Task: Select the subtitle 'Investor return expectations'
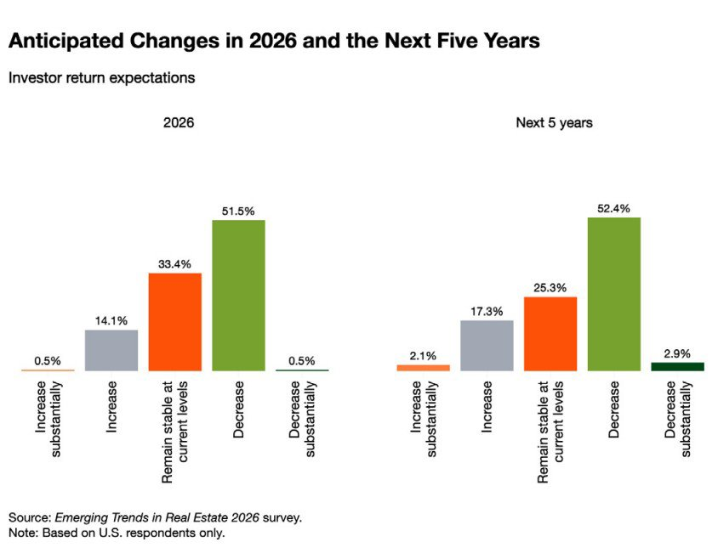(x=101, y=78)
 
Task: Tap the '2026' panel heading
(x=179, y=123)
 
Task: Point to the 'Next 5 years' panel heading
(x=554, y=123)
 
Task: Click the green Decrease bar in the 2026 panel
(x=238, y=296)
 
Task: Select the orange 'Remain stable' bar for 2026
(x=174, y=322)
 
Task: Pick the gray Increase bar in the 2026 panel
(x=111, y=350)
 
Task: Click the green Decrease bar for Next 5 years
(x=613, y=294)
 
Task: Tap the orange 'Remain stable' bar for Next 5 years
(x=550, y=334)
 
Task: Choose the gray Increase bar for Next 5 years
(x=487, y=346)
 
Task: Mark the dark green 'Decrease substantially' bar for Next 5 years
(x=677, y=366)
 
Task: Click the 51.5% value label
(x=238, y=209)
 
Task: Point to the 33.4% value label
(x=174, y=263)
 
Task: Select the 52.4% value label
(x=613, y=206)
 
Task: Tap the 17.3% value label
(x=487, y=310)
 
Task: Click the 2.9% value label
(x=677, y=352)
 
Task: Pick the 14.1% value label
(x=111, y=320)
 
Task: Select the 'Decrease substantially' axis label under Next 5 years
(x=677, y=419)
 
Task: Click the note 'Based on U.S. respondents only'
(x=117, y=533)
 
